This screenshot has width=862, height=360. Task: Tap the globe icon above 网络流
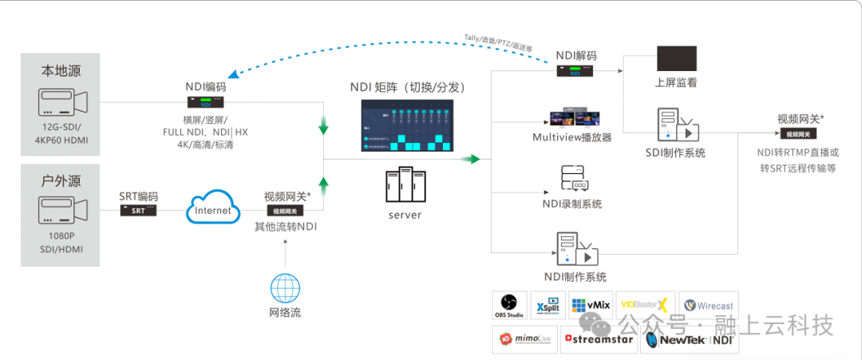click(x=285, y=287)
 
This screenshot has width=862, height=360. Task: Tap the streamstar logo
click(x=599, y=339)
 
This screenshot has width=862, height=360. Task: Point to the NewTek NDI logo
click(x=690, y=339)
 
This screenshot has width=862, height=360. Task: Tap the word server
click(x=405, y=215)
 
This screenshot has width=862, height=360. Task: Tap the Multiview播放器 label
click(x=571, y=136)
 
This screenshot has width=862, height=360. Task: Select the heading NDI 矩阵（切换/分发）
click(x=407, y=86)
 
